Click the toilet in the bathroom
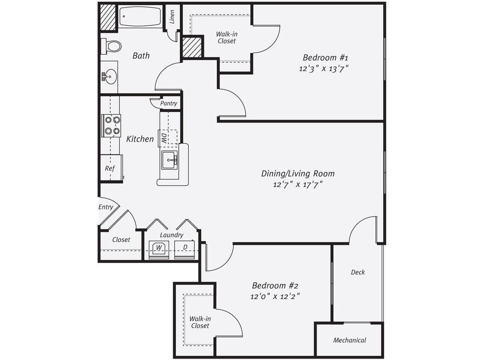point(112,46)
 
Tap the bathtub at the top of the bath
point(140,17)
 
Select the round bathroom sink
point(110,77)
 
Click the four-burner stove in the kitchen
point(111,125)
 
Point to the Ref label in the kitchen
point(110,168)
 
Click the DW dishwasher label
point(164,138)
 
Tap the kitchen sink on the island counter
point(169,160)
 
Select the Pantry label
point(169,104)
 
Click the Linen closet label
point(172,17)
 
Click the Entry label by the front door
point(106,207)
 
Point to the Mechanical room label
point(349,340)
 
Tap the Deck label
point(358,272)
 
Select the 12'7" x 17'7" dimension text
point(298,185)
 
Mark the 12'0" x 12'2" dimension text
point(273,296)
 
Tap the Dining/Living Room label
point(298,174)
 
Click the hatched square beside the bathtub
point(108,17)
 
